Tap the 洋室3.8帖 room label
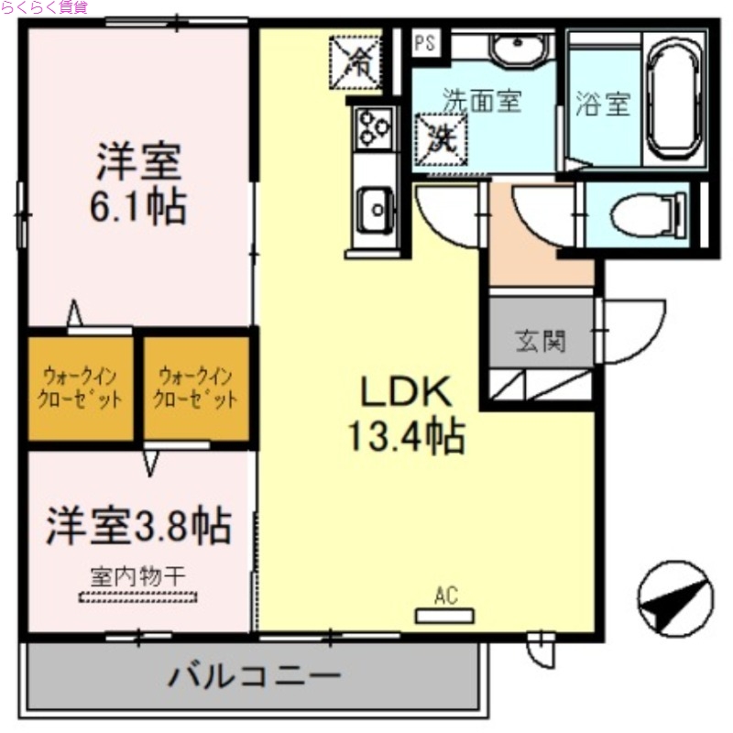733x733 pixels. point(138,525)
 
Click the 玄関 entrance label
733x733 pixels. point(540,342)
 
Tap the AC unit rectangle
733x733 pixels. point(446,615)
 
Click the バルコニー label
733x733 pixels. point(254,679)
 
